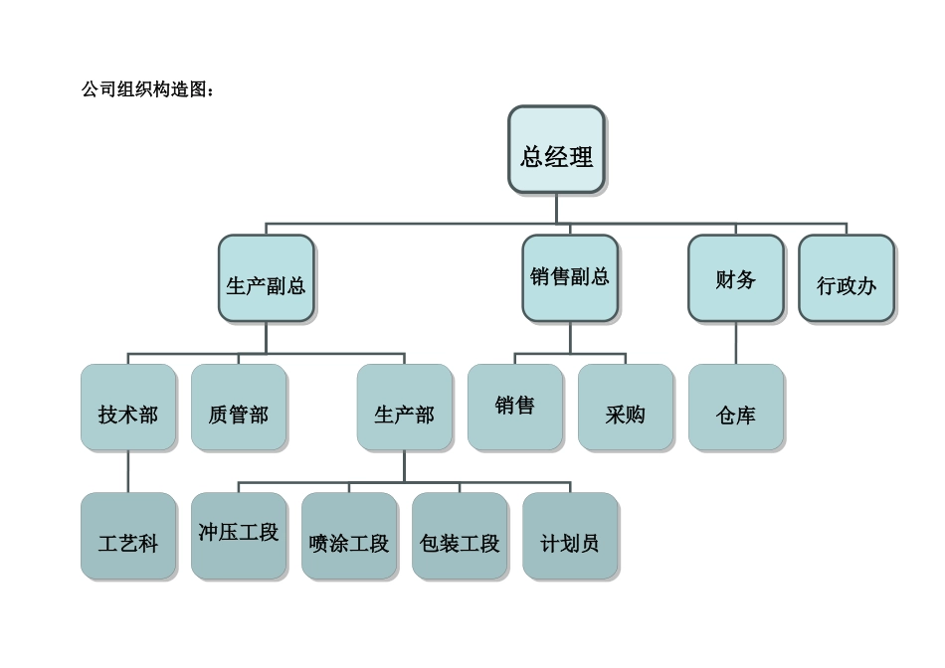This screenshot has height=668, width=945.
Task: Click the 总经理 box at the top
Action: pos(556,149)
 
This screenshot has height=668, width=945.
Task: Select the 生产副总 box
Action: pos(266,278)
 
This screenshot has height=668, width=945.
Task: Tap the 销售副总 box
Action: pos(570,278)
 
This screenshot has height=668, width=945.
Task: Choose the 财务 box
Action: pos(736,278)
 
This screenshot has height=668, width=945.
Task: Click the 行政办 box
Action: pos(846,278)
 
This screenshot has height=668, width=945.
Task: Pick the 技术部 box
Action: pos(128,408)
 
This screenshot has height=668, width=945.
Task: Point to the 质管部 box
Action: pos(239,408)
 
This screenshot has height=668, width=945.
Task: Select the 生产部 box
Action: pos(404,408)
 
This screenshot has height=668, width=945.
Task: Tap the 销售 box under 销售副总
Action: pos(514,408)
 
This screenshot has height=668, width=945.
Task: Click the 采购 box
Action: pos(626,408)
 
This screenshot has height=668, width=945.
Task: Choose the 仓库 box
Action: pos(736,408)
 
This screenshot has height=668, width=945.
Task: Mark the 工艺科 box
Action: pos(128,537)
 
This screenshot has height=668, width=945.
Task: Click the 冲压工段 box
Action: pos(239,537)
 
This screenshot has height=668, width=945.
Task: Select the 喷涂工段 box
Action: pos(349,537)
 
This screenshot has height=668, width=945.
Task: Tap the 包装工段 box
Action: pos(460,537)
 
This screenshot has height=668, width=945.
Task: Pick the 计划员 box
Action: pos(570,537)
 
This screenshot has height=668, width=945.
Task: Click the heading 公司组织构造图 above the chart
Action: pos(147,89)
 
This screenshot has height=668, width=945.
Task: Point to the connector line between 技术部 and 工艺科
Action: pos(128,472)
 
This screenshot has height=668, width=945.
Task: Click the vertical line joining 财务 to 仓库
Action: pos(736,343)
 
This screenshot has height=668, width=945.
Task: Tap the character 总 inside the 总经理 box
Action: pos(532,156)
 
